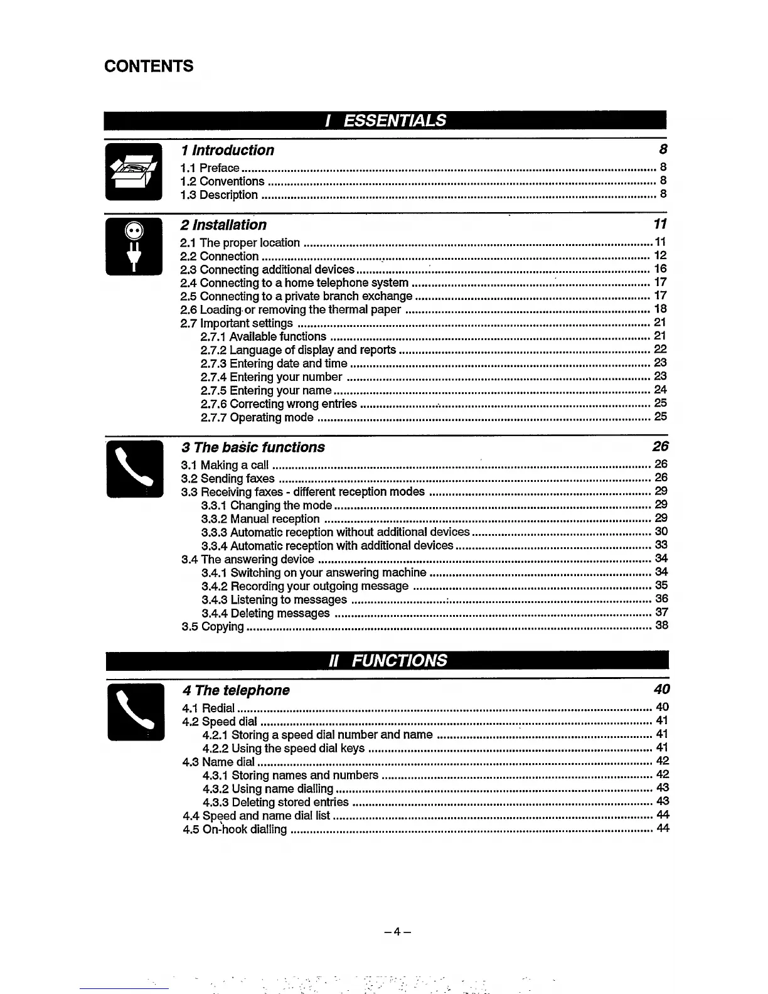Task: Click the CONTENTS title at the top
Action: point(149,66)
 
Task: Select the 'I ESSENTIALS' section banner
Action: point(386,120)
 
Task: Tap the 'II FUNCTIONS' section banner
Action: point(387,660)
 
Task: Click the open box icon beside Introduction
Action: point(133,171)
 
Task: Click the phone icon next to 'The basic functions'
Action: point(134,469)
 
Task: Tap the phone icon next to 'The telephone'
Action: point(136,712)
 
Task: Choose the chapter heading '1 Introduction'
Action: point(227,150)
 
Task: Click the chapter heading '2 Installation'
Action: point(223,225)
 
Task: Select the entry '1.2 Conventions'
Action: point(223,181)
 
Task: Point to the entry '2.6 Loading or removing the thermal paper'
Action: point(291,309)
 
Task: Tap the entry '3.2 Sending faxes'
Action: point(228,479)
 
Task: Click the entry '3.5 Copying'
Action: point(213,627)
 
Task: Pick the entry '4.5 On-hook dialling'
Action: point(235,830)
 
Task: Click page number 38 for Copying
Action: point(661,626)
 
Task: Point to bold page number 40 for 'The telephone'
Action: point(661,690)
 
